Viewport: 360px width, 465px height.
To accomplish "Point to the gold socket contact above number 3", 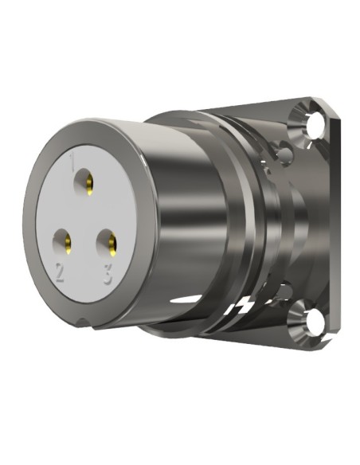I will (110, 240).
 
